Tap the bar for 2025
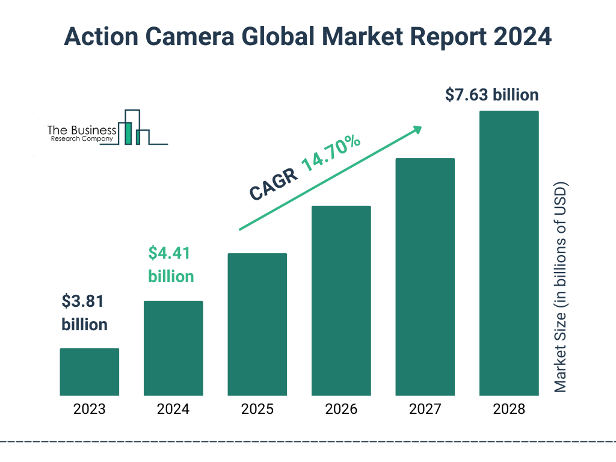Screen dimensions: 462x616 tap(257, 324)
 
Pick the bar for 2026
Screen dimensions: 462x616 tap(341, 300)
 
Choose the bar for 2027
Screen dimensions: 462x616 tap(425, 277)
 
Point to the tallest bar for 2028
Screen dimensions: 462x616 tap(509, 253)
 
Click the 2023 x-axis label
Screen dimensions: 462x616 tap(89, 410)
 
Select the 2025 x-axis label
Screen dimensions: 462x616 tap(257, 410)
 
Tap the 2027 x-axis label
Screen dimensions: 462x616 tap(425, 410)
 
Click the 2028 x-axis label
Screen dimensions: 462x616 tap(509, 410)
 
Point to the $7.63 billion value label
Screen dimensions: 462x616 tap(491, 95)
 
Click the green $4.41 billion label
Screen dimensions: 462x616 tap(171, 265)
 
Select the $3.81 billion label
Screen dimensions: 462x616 tap(84, 313)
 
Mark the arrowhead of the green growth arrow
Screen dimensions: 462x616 tap(416, 129)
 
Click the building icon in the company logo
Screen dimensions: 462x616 tap(135, 128)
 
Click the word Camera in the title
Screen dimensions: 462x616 tap(203, 37)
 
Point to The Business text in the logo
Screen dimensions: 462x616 tap(82, 130)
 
